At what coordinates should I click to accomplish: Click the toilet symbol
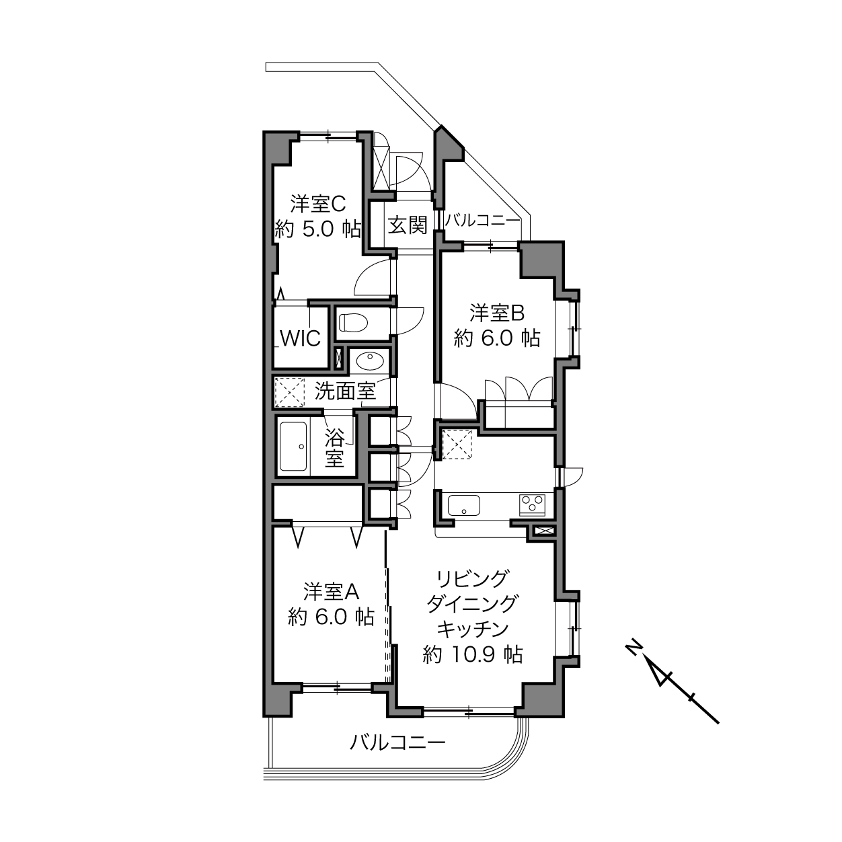point(354,323)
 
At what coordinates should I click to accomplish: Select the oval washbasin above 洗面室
point(370,361)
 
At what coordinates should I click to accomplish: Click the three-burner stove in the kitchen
point(532,503)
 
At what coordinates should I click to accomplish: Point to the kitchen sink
point(463,505)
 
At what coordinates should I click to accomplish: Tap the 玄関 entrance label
point(408,225)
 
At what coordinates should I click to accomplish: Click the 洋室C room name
point(318,203)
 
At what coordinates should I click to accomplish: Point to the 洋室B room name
point(497,313)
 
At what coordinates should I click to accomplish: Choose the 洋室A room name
point(331,592)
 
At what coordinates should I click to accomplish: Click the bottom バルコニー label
point(397,742)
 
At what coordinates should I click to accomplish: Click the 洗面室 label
point(345,391)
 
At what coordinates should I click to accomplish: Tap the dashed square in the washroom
point(289,392)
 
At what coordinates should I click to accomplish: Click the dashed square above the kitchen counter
point(457,445)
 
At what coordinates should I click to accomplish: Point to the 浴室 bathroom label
point(334,447)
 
